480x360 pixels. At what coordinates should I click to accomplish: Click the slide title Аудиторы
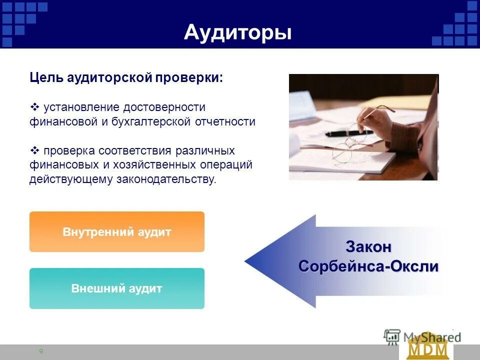pos(237,32)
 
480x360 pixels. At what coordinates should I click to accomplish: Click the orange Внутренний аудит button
pos(117,232)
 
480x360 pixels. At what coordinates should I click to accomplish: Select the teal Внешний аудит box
pos(117,288)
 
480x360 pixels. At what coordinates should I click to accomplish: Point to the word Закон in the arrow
pos(368,247)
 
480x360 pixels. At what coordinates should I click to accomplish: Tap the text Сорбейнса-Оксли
pos(368,266)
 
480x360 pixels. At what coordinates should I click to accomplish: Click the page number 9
pos(41,351)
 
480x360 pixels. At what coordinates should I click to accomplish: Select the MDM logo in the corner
pos(427,348)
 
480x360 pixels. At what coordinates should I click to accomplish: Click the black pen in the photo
pos(345,133)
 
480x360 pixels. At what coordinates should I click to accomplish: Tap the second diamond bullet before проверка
pos(35,150)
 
